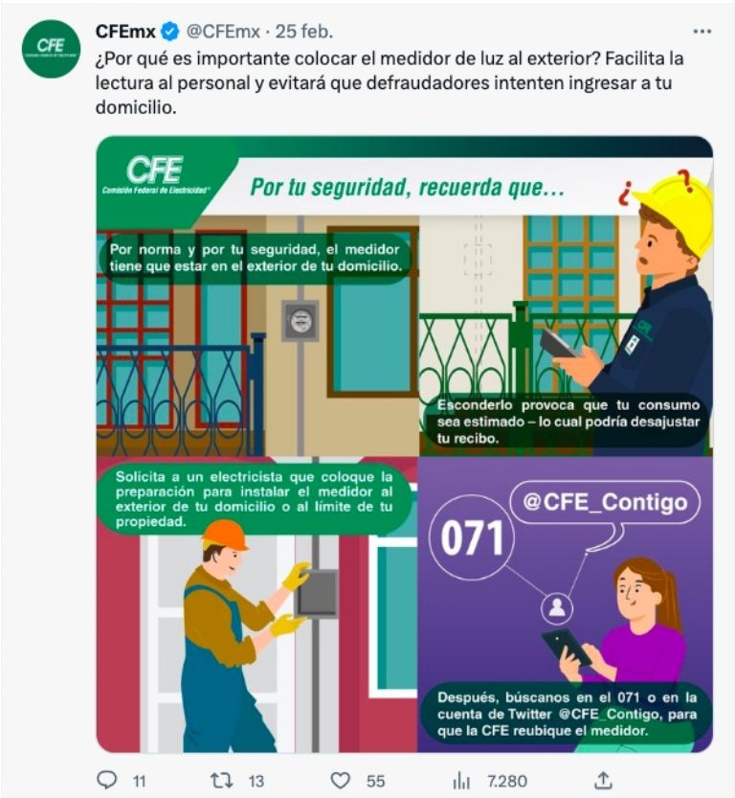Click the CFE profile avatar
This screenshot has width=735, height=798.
[x=51, y=49]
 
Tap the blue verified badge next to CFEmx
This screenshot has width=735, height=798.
[x=169, y=33]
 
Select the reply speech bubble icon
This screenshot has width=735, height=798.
[x=108, y=780]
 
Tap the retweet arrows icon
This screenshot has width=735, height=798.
[x=221, y=780]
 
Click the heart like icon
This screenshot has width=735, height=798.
[x=340, y=780]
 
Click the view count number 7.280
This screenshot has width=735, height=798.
[x=506, y=781]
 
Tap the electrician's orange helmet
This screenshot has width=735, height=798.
[x=225, y=535]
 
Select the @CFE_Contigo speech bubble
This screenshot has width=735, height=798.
[x=604, y=503]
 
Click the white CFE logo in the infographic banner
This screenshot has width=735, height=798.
[x=155, y=170]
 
